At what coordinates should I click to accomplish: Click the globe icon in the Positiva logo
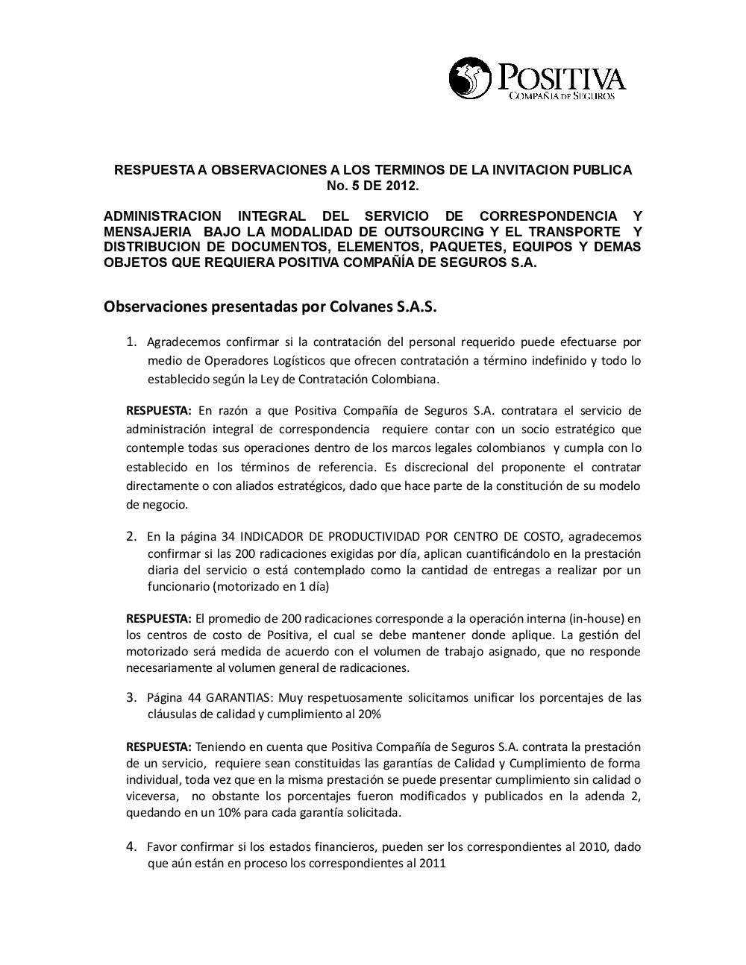click(470, 78)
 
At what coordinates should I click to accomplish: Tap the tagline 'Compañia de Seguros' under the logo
click(561, 96)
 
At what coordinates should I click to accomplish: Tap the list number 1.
click(131, 342)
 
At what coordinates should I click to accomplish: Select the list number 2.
click(131, 536)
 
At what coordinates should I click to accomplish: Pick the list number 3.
click(131, 698)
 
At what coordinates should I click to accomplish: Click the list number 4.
click(131, 846)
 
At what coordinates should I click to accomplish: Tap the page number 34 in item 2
click(229, 537)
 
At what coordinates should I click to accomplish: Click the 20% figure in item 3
click(369, 714)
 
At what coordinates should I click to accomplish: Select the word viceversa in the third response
click(151, 796)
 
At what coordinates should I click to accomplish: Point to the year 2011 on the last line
click(433, 864)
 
